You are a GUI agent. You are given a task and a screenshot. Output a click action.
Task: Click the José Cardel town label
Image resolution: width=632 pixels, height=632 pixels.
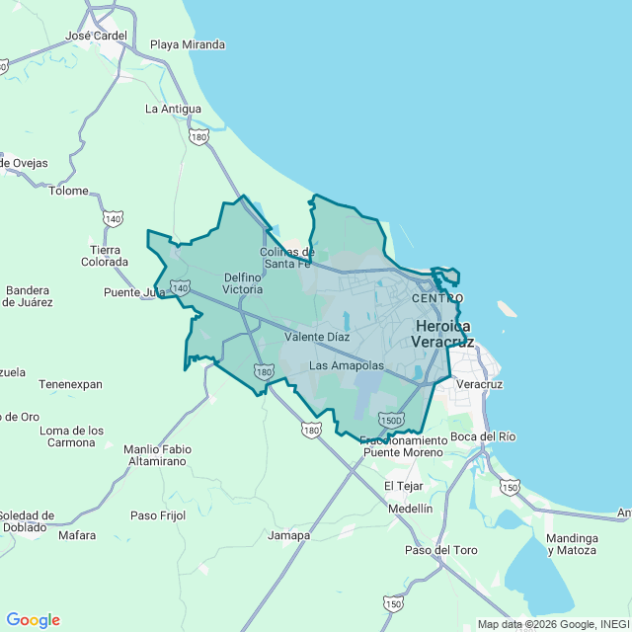(x=96, y=36)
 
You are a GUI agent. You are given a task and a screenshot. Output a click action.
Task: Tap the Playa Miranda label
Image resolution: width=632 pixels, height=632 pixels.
(x=188, y=44)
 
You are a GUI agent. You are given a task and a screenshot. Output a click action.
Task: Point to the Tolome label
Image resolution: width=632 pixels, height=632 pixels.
(x=68, y=191)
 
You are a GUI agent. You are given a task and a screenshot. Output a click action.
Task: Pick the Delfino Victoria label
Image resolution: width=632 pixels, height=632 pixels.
(x=243, y=283)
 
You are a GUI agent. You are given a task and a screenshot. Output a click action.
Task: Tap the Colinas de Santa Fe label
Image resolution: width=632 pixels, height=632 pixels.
(x=286, y=258)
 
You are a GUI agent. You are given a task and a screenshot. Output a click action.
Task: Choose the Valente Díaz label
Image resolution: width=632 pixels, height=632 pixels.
(x=317, y=337)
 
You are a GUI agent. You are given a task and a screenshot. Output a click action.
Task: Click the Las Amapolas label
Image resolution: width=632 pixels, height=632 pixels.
(x=346, y=365)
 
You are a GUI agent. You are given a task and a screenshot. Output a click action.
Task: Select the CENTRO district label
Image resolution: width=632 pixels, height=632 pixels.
(x=437, y=298)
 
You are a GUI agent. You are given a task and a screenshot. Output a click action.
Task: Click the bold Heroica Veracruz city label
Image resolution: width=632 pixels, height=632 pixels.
(x=442, y=334)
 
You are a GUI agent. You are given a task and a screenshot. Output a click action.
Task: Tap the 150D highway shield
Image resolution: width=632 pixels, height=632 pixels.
(x=391, y=420)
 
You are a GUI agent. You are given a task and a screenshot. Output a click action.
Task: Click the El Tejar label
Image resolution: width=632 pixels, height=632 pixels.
(x=403, y=486)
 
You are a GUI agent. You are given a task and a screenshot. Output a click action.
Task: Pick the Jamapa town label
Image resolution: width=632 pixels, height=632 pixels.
(x=288, y=535)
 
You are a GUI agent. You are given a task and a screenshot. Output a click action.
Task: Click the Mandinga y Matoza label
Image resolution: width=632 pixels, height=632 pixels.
(x=573, y=544)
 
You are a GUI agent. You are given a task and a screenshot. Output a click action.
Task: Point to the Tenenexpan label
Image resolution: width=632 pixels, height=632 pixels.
(x=70, y=383)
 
